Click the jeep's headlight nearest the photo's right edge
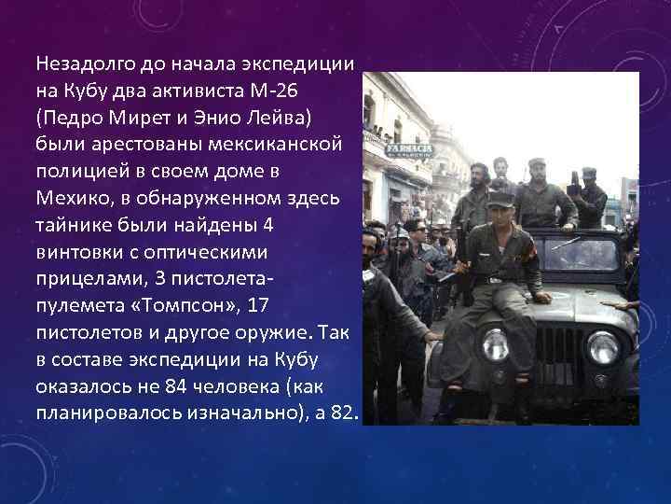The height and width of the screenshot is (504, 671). coord(602,347)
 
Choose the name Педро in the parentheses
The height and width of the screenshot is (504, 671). coord(74,118)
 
